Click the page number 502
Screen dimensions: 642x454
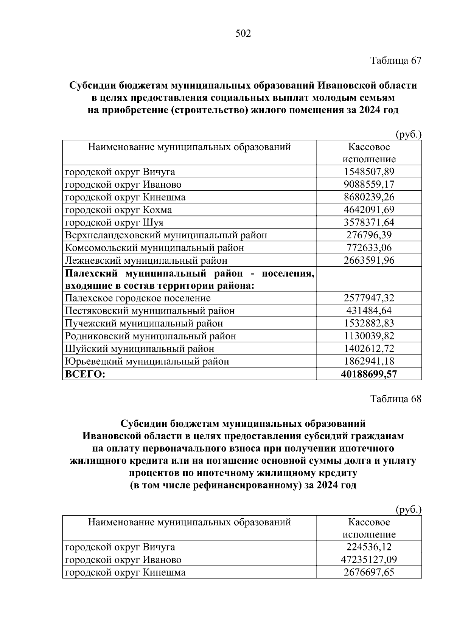click(243, 34)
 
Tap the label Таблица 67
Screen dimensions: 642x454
click(395, 61)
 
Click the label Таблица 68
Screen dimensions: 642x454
click(395, 399)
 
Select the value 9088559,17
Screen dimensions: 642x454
click(369, 185)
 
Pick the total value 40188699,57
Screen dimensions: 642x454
click(369, 374)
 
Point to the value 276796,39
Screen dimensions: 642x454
click(369, 235)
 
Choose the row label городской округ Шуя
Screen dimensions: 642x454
click(114, 222)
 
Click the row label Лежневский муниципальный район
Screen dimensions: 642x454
click(146, 260)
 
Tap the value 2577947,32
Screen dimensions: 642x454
click(369, 298)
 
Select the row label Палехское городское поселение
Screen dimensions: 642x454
click(138, 298)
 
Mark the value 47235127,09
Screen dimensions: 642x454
click(369, 560)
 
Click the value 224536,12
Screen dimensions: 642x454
click(369, 547)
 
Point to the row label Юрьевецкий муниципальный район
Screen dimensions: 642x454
click(147, 361)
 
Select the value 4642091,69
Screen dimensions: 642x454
click(369, 210)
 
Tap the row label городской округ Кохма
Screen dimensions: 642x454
click(118, 210)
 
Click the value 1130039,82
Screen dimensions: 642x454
click(369, 336)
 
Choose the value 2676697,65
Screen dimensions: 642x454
click(369, 572)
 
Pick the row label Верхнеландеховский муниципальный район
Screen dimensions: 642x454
click(166, 235)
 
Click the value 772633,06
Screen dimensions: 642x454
click(369, 248)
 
